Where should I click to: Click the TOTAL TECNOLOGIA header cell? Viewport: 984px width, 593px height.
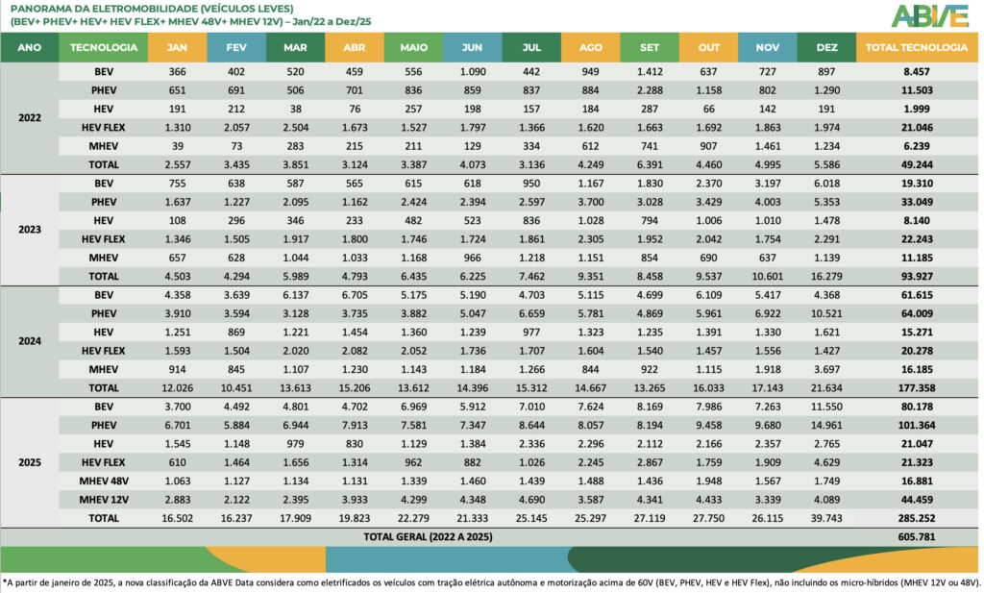[x=917, y=47]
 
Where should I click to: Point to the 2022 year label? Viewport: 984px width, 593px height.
[x=30, y=117]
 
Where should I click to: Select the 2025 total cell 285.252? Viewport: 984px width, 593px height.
[x=919, y=518]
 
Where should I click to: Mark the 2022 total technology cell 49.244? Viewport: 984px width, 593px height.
[x=919, y=163]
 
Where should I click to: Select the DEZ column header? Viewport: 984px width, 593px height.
[x=826, y=47]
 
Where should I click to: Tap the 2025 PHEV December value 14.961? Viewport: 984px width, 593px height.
[x=826, y=425]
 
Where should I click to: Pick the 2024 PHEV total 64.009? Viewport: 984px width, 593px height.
[x=919, y=313]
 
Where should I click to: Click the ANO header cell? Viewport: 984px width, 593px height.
[x=30, y=47]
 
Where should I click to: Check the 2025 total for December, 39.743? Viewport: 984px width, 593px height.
[x=826, y=518]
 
